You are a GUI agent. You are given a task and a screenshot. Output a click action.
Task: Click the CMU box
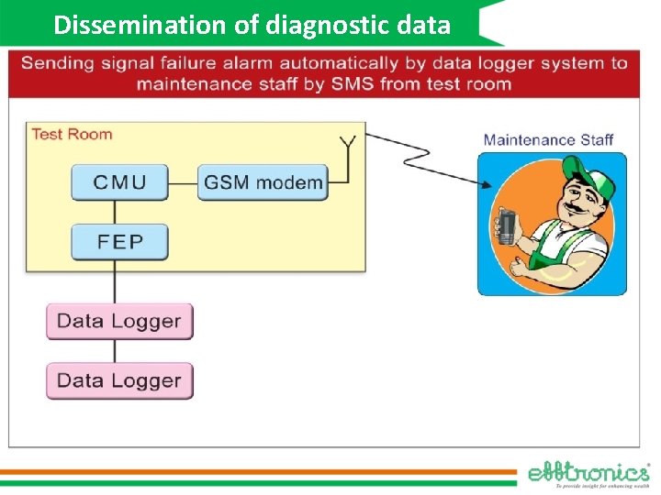pos(119,181)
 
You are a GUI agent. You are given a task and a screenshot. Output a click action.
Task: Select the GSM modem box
pos(263,181)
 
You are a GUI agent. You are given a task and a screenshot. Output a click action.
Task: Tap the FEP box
pos(119,242)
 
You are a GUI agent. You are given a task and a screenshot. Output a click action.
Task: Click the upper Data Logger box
pos(119,321)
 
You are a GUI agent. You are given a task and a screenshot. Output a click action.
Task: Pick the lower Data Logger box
pos(119,380)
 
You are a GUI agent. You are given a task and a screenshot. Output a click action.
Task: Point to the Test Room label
pos(72,134)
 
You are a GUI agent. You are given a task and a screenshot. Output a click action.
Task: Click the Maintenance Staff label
pos(548,140)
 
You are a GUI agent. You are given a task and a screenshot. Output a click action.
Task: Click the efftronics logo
pos(588,473)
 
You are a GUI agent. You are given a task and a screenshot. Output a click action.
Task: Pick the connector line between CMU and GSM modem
pos(184,182)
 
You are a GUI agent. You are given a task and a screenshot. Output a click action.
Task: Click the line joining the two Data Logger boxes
pos(115,350)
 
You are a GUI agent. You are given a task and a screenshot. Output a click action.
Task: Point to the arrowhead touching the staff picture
pos(484,184)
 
